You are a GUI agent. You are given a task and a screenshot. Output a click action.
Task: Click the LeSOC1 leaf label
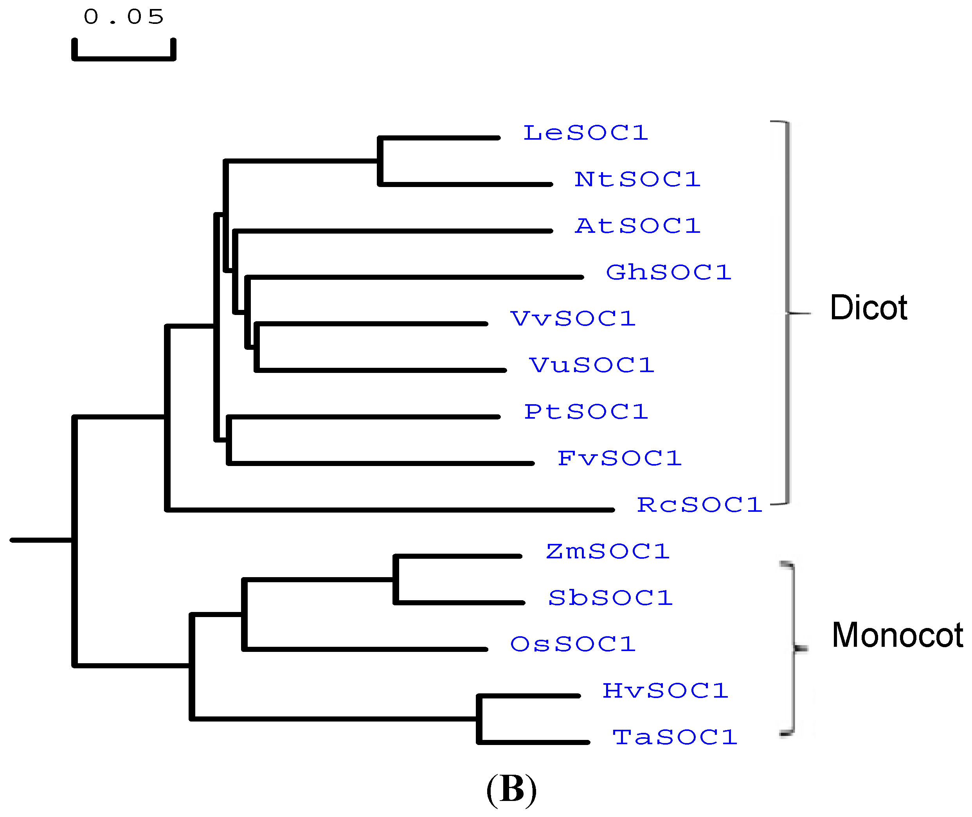tap(585, 133)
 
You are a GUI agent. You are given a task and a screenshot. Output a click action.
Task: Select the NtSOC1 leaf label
tap(637, 180)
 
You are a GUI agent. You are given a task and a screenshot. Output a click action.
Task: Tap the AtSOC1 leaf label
tap(637, 226)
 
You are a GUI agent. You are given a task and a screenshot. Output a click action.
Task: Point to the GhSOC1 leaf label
tap(668, 272)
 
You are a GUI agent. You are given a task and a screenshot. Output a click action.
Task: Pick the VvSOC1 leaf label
tap(573, 319)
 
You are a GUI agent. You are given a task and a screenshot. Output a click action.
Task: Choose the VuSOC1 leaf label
tap(591, 365)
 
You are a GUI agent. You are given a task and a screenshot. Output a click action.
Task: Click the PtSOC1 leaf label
tap(585, 412)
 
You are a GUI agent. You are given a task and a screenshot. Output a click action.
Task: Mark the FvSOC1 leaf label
tap(619, 459)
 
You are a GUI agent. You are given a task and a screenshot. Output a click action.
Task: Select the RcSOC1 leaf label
tap(699, 505)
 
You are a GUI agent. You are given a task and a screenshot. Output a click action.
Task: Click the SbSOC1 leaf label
tap(610, 598)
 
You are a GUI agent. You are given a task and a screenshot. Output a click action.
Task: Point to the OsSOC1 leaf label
tap(572, 644)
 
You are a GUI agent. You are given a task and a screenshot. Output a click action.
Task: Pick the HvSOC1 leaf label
tap(665, 691)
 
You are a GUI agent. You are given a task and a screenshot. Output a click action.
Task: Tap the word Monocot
tap(897, 635)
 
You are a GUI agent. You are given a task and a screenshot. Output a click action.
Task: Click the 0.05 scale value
tap(124, 17)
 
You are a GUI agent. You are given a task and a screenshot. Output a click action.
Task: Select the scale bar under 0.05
tap(124, 58)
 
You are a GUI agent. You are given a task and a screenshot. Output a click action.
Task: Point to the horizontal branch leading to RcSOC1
tap(389, 510)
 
